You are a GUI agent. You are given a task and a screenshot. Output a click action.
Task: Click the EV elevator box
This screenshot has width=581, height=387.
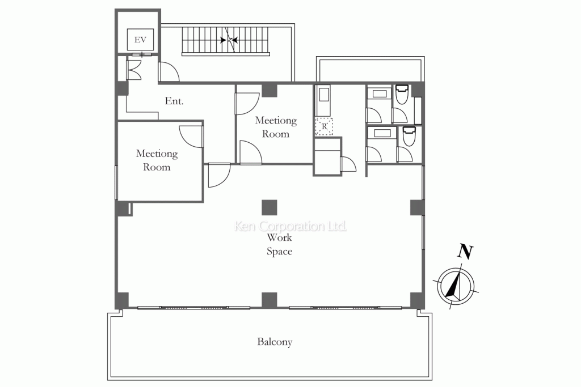(140, 40)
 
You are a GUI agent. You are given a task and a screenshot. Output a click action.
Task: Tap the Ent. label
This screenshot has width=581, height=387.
(174, 101)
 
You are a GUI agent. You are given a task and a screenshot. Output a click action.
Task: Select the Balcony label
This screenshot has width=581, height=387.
(275, 342)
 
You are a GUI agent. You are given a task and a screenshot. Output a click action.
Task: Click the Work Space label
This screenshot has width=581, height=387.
(279, 244)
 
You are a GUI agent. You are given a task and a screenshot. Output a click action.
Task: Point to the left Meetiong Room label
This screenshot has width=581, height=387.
(157, 160)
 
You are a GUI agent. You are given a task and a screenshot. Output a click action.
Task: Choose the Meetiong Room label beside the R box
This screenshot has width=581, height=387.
(276, 127)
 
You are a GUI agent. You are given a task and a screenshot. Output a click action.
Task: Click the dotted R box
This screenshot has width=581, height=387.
(324, 126)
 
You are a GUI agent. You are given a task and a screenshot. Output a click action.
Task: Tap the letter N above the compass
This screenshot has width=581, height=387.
(465, 252)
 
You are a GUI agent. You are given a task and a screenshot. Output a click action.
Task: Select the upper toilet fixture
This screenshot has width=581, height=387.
(402, 95)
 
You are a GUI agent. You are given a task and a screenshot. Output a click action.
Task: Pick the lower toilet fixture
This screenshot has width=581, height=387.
(409, 136)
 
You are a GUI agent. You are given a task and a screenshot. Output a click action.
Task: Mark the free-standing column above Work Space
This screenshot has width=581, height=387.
(270, 207)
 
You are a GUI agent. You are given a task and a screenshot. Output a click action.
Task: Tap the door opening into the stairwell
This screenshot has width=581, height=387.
(169, 72)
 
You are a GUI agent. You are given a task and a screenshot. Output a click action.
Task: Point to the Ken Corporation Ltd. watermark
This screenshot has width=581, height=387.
(290, 226)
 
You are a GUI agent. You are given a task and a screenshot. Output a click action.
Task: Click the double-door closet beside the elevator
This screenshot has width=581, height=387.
(134, 70)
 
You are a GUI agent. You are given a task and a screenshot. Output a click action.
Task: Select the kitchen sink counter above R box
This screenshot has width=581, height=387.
(323, 101)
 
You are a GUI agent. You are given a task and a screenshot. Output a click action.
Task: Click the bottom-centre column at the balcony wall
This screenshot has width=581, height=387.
(270, 300)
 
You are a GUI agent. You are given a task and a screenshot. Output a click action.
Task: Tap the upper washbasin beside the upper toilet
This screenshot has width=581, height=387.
(379, 93)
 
